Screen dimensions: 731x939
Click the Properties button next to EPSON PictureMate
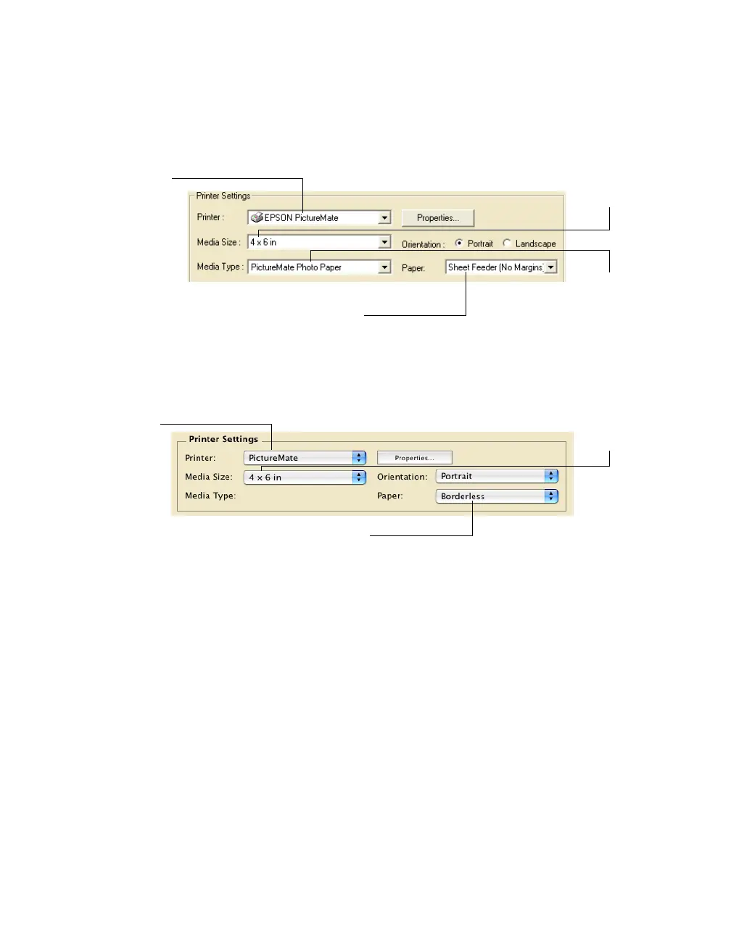point(437,218)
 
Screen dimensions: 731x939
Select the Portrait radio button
point(459,243)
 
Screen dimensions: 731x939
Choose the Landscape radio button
point(507,243)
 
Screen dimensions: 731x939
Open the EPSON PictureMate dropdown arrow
point(384,218)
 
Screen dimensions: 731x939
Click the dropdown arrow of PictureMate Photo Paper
point(384,267)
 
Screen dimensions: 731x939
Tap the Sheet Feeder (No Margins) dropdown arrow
point(551,267)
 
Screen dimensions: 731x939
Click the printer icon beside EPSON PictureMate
point(257,217)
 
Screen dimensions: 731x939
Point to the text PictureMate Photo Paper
point(296,267)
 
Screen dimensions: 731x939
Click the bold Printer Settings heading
point(223,439)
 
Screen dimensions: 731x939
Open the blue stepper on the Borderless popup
point(551,496)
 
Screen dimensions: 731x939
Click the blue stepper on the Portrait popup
point(551,476)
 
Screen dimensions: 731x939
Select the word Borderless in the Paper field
point(463,496)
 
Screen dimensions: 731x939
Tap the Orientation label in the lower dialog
point(402,477)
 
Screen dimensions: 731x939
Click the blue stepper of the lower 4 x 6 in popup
point(359,477)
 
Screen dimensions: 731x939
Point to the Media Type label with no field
point(210,496)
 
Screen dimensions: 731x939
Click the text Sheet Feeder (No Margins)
point(495,267)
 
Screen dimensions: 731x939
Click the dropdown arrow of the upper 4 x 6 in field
point(384,242)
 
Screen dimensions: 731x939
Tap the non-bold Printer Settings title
point(223,196)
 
